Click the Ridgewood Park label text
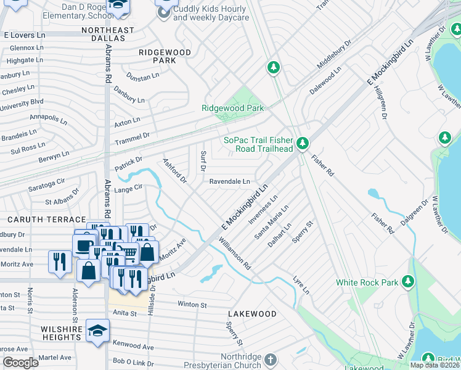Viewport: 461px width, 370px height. pyautogui.click(x=232, y=108)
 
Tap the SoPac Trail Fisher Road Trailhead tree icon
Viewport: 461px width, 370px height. pyautogui.click(x=302, y=144)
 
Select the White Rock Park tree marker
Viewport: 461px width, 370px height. pyautogui.click(x=407, y=282)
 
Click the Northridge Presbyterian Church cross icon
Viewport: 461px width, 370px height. pyautogui.click(x=270, y=359)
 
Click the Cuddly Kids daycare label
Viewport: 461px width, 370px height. pyautogui.click(x=211, y=13)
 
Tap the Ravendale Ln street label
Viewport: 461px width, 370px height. pyautogui.click(x=229, y=182)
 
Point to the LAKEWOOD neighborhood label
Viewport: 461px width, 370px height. pyautogui.click(x=256, y=314)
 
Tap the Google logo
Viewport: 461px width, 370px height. pyautogui.click(x=20, y=363)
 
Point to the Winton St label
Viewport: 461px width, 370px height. pyautogui.click(x=192, y=304)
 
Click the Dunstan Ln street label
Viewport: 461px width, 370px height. pyautogui.click(x=142, y=77)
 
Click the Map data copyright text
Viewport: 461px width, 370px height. pyautogui.click(x=434, y=365)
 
